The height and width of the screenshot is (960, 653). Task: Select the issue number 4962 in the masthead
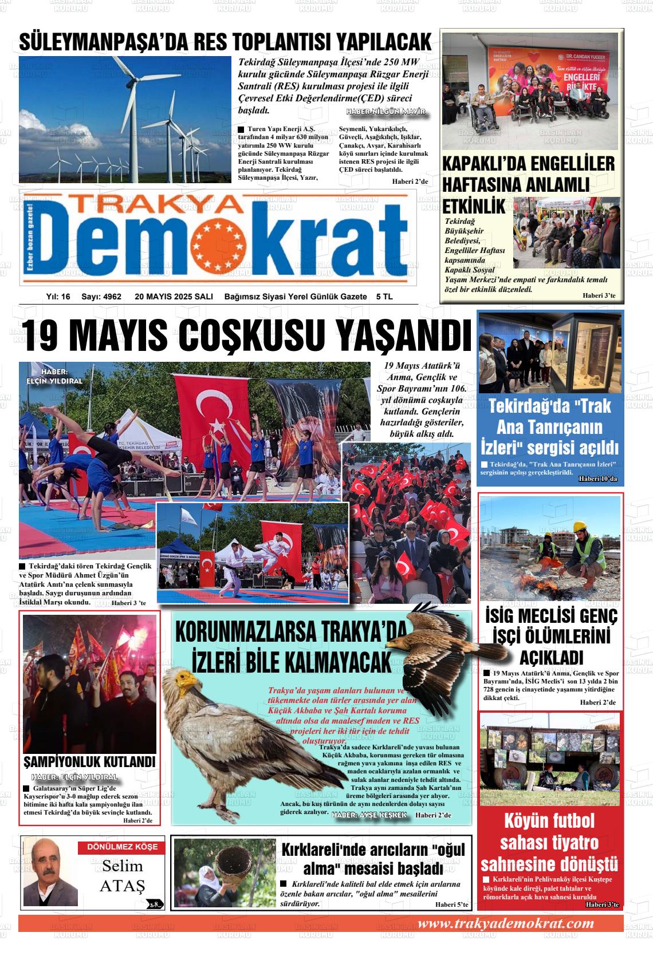click(110, 297)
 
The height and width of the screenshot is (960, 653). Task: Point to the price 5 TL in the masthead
click(384, 297)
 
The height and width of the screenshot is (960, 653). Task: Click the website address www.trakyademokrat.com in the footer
click(506, 923)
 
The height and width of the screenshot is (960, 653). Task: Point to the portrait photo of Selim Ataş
click(49, 872)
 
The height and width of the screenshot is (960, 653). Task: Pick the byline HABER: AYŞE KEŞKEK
click(369, 815)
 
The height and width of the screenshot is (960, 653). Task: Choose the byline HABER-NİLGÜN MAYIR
click(386, 112)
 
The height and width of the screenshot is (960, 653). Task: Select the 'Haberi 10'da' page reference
click(597, 478)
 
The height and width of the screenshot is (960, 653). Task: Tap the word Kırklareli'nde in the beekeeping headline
click(322, 850)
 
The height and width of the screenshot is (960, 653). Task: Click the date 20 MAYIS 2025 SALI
click(174, 297)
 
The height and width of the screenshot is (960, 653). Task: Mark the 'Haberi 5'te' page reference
click(451, 905)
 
